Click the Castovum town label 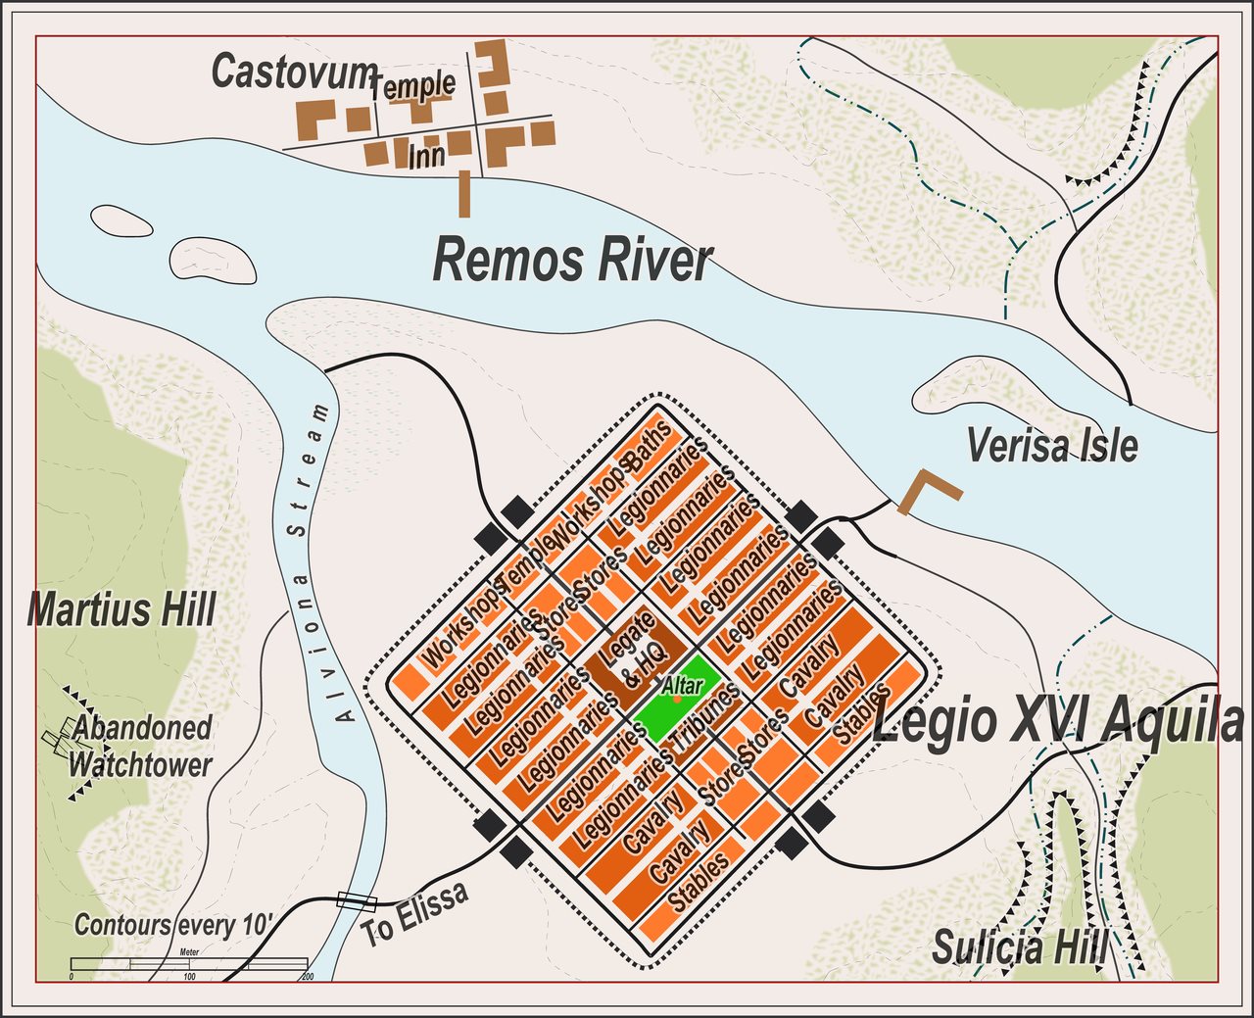pyautogui.click(x=294, y=72)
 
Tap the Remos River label pyautogui.click(x=572, y=262)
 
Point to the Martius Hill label pyautogui.click(x=121, y=609)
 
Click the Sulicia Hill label pyautogui.click(x=1019, y=948)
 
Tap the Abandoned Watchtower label pyautogui.click(x=140, y=746)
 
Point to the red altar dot pyautogui.click(x=677, y=699)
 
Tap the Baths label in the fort pyautogui.click(x=651, y=446)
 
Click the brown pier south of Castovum pyautogui.click(x=464, y=192)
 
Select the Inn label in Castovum pyautogui.click(x=426, y=156)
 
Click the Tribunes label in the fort pyautogui.click(x=705, y=723)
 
